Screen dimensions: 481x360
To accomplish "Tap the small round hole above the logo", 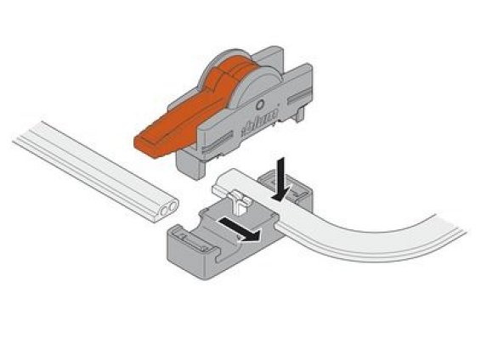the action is pos(260,104).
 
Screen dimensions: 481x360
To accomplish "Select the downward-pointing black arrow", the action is pos(281,179).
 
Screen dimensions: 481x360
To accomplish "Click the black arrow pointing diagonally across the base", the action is pos(241,229).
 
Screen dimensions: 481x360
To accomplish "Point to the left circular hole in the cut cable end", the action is pos(165,211).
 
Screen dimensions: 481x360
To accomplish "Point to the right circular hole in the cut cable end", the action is pos(173,205).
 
